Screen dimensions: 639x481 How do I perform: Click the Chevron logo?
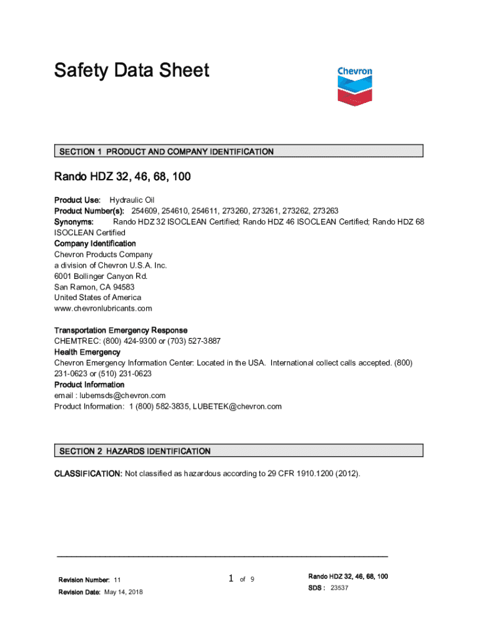(x=354, y=85)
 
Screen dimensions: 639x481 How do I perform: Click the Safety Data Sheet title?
(x=131, y=71)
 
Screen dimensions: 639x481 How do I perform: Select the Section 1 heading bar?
(x=239, y=151)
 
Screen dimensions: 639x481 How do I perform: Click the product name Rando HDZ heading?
(x=122, y=177)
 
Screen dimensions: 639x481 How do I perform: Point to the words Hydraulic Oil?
(x=132, y=200)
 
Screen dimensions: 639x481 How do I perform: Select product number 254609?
(x=144, y=211)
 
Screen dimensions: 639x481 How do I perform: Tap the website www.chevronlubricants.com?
(x=103, y=308)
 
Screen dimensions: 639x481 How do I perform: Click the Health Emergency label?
(x=87, y=352)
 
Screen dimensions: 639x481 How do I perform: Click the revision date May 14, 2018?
(x=123, y=592)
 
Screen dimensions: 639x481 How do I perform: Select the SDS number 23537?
(x=339, y=588)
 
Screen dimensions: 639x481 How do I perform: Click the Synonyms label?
(x=74, y=222)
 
